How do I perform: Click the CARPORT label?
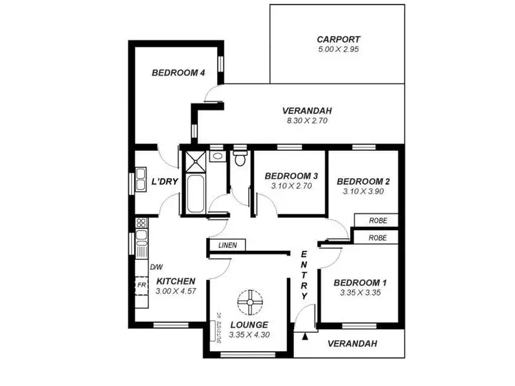[339, 39]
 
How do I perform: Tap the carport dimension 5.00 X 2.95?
[339, 50]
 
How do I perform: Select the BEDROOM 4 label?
[179, 73]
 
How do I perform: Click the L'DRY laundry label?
[165, 182]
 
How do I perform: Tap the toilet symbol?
[239, 160]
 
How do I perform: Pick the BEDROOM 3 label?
[291, 176]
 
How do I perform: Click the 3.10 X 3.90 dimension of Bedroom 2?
[363, 192]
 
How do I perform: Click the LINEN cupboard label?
[227, 245]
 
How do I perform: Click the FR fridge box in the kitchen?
[141, 284]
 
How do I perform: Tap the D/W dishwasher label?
[156, 267]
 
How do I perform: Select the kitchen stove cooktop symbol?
[141, 223]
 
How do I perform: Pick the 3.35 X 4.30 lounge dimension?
[249, 335]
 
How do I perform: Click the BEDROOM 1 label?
[360, 282]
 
